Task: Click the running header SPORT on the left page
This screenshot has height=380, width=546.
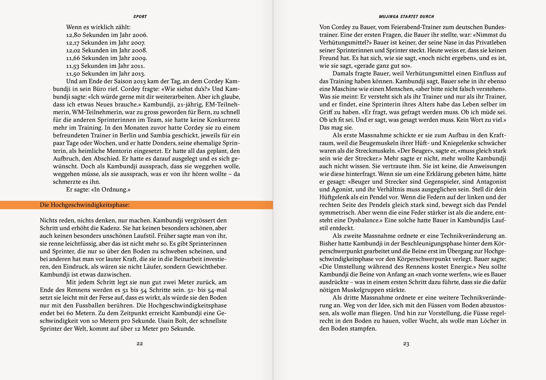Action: click(x=140, y=17)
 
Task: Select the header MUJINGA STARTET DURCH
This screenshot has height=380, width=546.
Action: click(x=406, y=17)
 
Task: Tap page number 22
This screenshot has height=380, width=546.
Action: click(x=140, y=344)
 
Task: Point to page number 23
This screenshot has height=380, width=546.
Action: click(x=406, y=344)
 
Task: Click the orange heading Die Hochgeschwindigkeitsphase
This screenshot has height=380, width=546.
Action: click(x=84, y=205)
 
